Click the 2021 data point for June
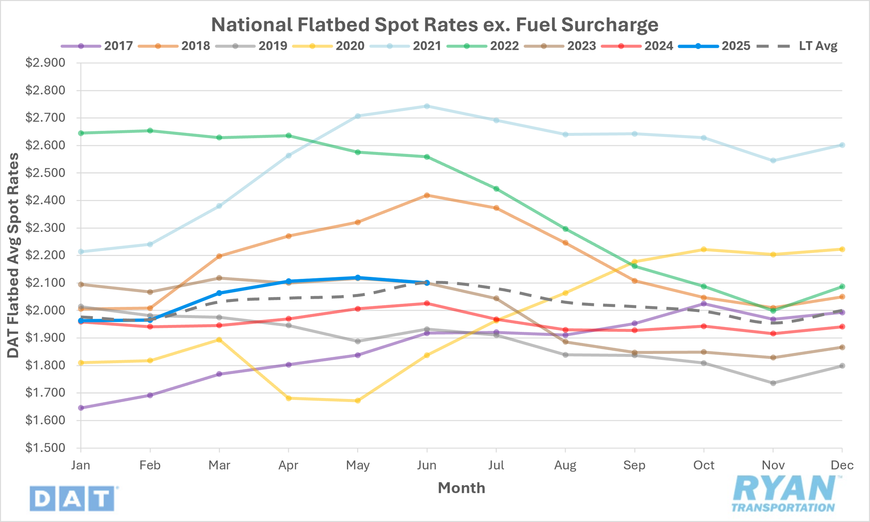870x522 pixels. pyautogui.click(x=427, y=106)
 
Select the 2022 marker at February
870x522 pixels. pyautogui.click(x=150, y=131)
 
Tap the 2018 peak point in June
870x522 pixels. pyautogui.click(x=427, y=195)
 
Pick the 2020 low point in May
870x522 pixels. pyautogui.click(x=357, y=401)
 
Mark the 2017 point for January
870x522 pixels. pyautogui.click(x=81, y=408)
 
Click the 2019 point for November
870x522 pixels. pyautogui.click(x=773, y=383)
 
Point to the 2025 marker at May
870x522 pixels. pyautogui.click(x=357, y=278)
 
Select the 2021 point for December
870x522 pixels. pyautogui.click(x=842, y=145)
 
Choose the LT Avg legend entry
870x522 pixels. pyautogui.click(x=797, y=46)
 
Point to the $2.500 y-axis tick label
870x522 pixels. pyautogui.click(x=45, y=173)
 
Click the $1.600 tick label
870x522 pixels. pyautogui.click(x=45, y=420)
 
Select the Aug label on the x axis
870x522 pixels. pyautogui.click(x=565, y=465)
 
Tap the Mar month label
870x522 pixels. pyautogui.click(x=219, y=465)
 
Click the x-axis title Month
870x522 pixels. pyautogui.click(x=462, y=488)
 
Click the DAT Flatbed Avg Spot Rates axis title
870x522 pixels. pyautogui.click(x=13, y=255)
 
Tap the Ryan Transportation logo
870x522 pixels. pyautogui.click(x=786, y=494)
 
